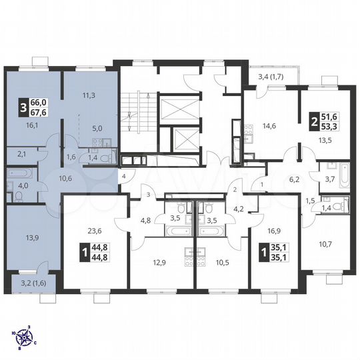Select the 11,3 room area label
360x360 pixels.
(x=87, y=95)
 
